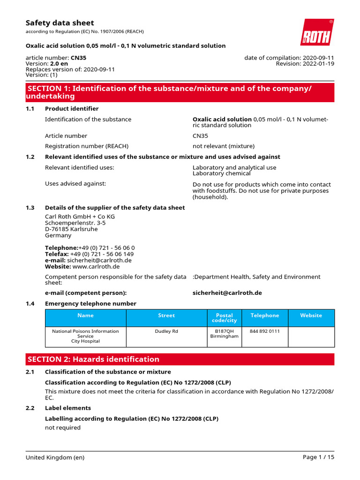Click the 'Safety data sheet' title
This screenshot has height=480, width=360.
click(60, 23)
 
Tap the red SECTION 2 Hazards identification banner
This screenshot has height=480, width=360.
click(180, 359)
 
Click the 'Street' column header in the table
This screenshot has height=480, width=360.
click(166, 315)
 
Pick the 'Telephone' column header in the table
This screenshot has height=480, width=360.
click(265, 315)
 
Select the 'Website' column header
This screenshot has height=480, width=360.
click(311, 315)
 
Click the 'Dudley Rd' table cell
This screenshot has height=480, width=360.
click(166, 331)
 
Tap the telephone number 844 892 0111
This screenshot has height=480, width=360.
click(265, 331)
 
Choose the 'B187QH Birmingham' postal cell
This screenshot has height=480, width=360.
click(225, 334)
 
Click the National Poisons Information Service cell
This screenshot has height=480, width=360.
click(85, 336)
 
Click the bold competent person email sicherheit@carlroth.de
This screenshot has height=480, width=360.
click(227, 292)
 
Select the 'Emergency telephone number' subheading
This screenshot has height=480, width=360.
click(90, 303)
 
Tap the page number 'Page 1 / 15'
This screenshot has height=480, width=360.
click(319, 457)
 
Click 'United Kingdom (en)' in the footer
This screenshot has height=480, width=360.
click(55, 457)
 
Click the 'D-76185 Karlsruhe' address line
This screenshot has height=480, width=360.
click(71, 229)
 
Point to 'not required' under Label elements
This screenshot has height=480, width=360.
click(63, 427)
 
